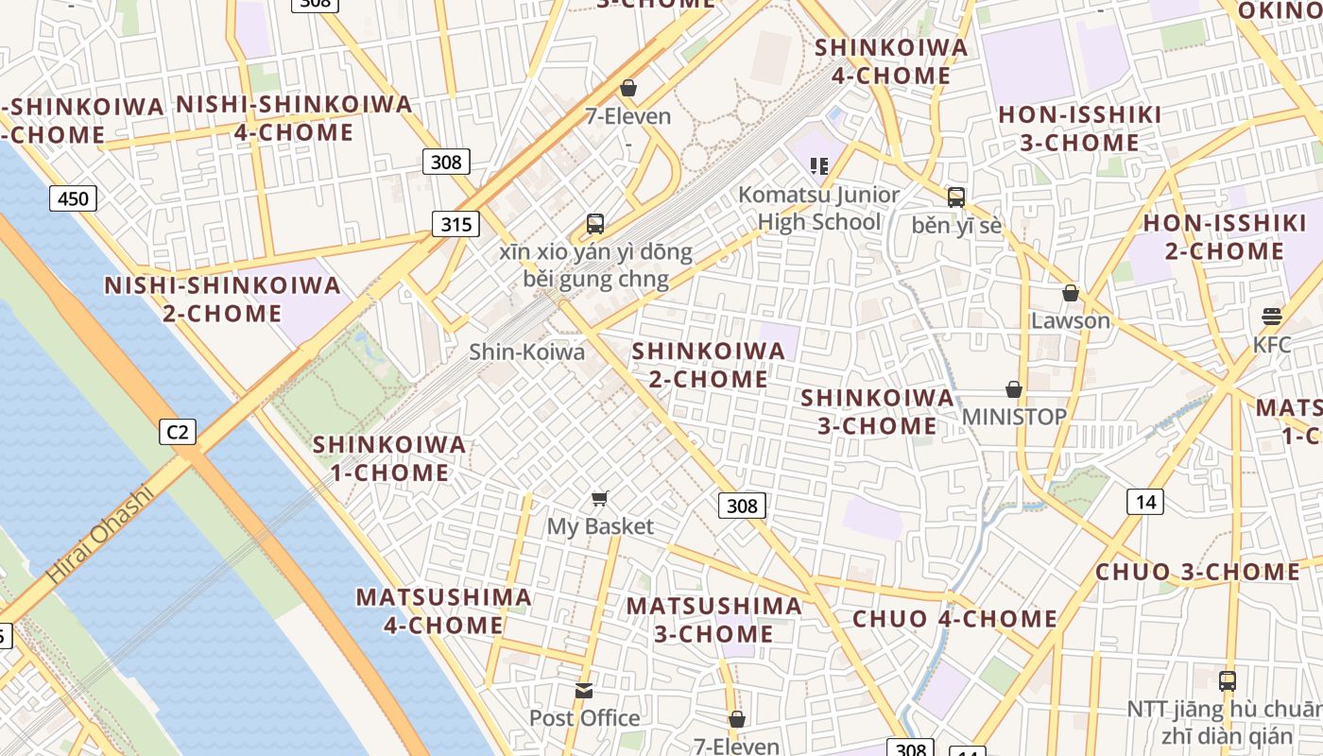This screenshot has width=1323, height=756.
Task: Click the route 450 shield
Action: pos(73,198)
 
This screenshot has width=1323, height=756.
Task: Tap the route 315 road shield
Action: pos(456,224)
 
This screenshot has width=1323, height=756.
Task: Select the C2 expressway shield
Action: pos(177,433)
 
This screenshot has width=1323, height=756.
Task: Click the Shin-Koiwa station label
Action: pos(527,352)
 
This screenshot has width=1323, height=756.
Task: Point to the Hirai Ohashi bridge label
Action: pos(99,534)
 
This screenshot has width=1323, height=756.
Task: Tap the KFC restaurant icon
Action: pos(1272,316)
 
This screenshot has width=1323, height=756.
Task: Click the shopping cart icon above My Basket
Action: pos(600,498)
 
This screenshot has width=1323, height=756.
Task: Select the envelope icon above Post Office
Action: pos(584,691)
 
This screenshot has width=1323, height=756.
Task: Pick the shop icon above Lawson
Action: pos(1071,293)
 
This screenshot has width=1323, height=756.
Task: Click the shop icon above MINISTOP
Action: pos(1014,389)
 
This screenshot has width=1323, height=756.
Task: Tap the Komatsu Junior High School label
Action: pos(818,208)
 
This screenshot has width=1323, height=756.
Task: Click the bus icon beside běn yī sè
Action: pos(956,197)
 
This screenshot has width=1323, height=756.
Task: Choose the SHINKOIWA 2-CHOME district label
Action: pos(709,365)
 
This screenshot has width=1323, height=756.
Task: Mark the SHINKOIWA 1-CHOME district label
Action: pos(389,458)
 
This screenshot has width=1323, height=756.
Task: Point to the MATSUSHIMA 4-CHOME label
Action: pos(443,610)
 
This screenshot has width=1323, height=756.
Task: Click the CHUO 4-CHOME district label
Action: pos(954,619)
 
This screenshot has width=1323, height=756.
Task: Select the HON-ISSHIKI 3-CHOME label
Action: pos(1080,129)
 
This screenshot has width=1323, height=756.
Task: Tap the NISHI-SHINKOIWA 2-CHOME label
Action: pos(222,299)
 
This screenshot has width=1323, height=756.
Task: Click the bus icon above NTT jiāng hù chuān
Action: pos(1227,680)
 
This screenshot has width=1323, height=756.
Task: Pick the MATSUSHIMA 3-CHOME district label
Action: pos(714,619)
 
